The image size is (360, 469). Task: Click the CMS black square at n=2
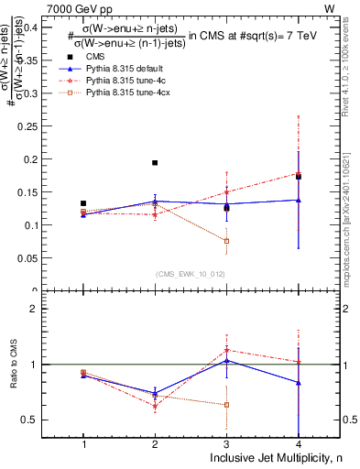point(155,163)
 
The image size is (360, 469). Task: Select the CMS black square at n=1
point(83,203)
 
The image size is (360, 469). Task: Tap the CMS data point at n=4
point(299,177)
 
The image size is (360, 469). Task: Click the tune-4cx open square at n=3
point(226,241)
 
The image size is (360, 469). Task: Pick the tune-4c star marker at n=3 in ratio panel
point(226,350)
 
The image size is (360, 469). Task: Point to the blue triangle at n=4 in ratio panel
point(299,382)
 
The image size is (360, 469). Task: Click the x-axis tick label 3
point(226,444)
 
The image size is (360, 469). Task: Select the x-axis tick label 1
point(83,444)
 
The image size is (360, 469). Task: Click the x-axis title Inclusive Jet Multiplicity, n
point(264,458)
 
